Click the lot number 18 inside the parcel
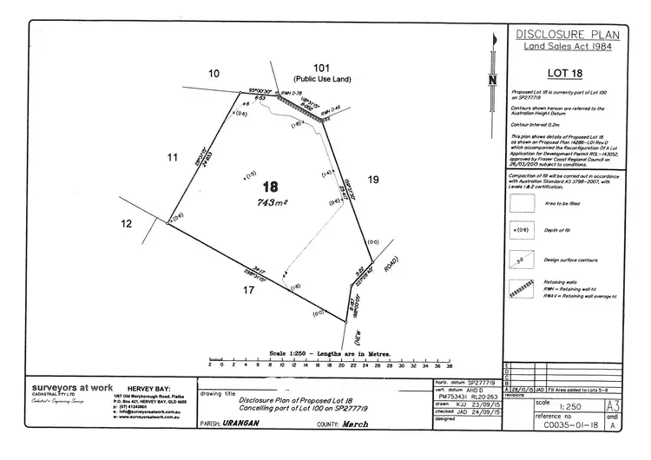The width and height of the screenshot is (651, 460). (x=271, y=186)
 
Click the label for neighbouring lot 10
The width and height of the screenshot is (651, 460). (x=214, y=75)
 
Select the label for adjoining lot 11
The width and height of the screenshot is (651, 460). (x=172, y=157)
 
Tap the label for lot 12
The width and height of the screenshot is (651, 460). (x=127, y=224)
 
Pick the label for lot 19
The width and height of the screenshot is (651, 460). (x=373, y=179)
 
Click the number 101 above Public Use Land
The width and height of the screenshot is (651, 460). (x=322, y=67)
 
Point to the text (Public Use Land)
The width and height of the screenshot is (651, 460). (x=322, y=79)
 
